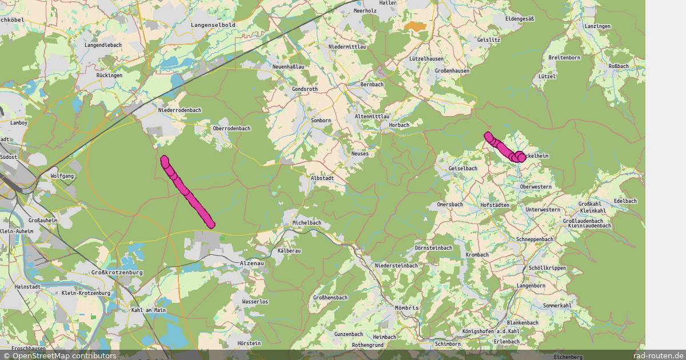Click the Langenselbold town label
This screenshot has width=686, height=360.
213,25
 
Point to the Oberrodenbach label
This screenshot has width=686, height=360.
232,129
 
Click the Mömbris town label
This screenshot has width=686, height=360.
407,308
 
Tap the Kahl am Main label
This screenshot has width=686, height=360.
148,310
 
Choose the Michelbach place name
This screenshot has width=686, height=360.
306,222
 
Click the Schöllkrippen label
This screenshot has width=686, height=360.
548,268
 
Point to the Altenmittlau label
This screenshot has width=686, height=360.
372,116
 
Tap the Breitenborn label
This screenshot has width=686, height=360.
564,58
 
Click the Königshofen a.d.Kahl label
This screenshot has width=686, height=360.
490,331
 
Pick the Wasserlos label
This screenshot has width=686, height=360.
255,301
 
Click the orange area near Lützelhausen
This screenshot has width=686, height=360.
415,26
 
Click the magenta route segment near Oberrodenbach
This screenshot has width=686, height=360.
188,192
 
